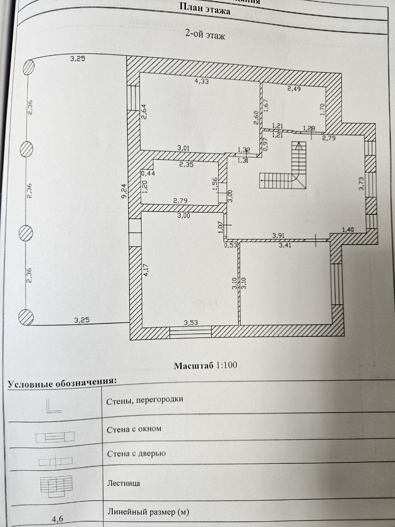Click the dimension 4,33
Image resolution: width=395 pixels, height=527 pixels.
click(201, 81)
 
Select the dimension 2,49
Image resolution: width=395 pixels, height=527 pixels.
click(294, 89)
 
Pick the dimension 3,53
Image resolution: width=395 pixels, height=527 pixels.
click(191, 322)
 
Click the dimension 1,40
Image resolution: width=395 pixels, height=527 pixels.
click(348, 229)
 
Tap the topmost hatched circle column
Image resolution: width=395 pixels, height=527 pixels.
click(28, 67)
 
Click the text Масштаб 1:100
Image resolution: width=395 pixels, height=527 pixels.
click(205, 365)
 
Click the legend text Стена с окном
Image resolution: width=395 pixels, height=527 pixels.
click(134, 429)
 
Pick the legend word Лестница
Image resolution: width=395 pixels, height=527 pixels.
click(123, 483)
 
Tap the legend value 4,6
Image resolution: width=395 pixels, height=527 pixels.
click(57, 519)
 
